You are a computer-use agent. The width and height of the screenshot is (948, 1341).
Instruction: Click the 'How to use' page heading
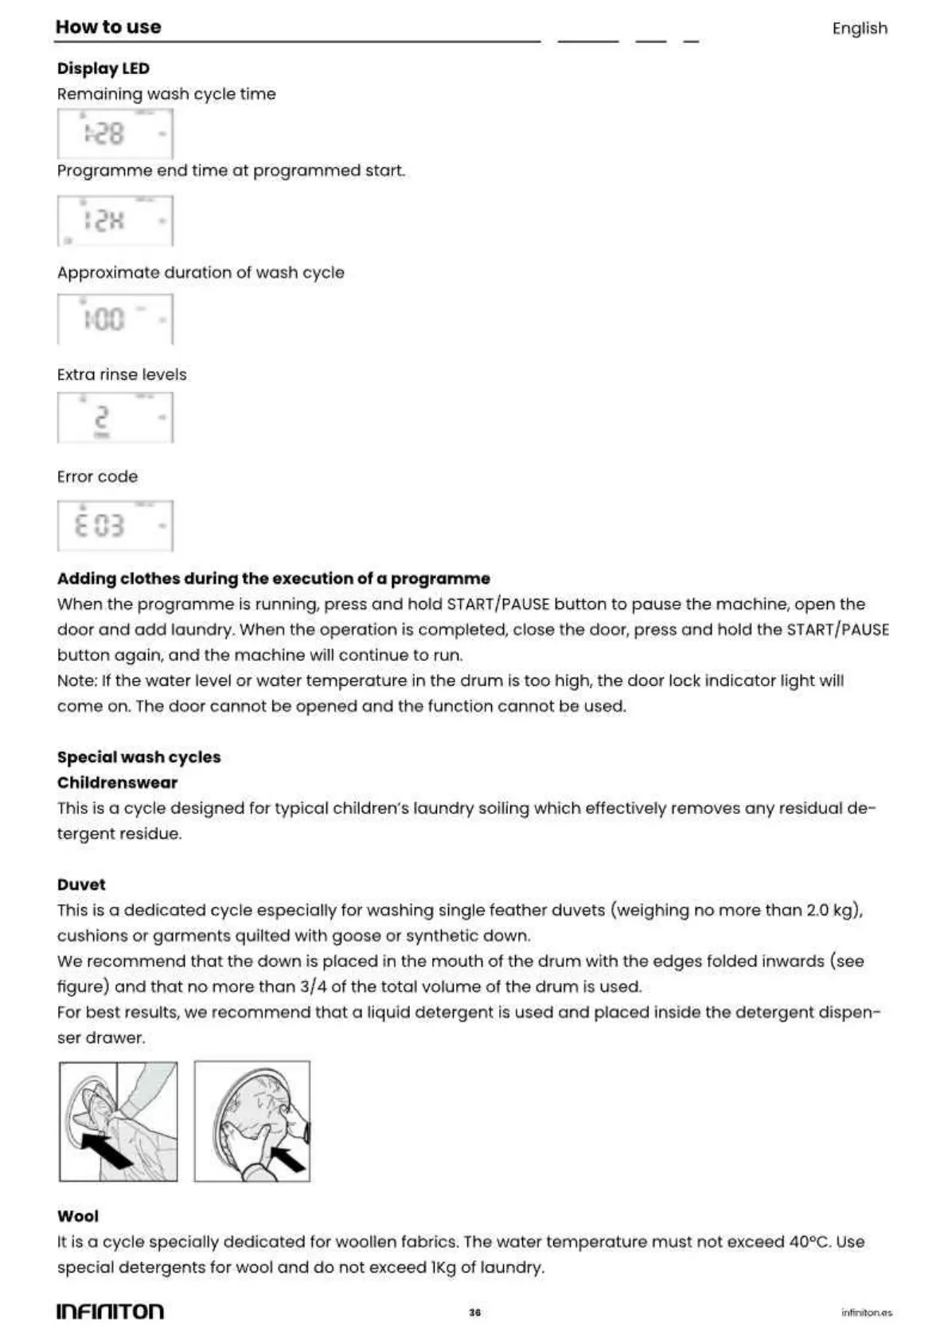click(x=108, y=27)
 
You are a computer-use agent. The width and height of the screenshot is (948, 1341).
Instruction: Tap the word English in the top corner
click(x=859, y=29)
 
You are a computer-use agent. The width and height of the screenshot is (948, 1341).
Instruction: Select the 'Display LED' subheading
click(x=103, y=68)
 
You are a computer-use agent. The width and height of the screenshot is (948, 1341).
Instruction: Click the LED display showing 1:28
click(x=115, y=134)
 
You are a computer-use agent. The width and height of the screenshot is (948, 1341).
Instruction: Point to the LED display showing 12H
click(x=115, y=221)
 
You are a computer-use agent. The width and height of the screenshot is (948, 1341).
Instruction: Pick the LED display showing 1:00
click(x=115, y=319)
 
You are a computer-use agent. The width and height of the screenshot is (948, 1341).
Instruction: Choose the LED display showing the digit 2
click(x=115, y=418)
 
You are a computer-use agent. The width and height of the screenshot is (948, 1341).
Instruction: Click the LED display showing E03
click(x=115, y=526)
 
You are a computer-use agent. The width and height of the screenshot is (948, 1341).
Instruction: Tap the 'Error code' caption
click(x=97, y=477)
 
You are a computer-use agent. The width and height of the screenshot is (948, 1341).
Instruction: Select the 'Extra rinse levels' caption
click(x=122, y=375)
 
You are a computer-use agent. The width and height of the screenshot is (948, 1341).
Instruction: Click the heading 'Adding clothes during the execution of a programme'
click(x=273, y=579)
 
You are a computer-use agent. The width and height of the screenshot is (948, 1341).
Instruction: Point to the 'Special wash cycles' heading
click(x=138, y=757)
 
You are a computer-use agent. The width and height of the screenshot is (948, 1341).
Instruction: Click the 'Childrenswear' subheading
click(x=117, y=783)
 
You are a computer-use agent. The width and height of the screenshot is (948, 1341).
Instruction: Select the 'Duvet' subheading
click(x=81, y=885)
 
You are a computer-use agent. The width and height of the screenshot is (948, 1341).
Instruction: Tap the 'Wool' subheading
click(x=78, y=1216)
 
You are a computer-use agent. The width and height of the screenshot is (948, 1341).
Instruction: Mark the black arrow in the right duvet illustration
click(x=288, y=1159)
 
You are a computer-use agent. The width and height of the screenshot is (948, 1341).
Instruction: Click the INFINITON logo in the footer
click(x=110, y=1312)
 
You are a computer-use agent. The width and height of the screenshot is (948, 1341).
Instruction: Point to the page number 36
click(x=474, y=1312)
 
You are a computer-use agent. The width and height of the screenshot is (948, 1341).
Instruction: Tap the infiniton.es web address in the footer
click(x=866, y=1312)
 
